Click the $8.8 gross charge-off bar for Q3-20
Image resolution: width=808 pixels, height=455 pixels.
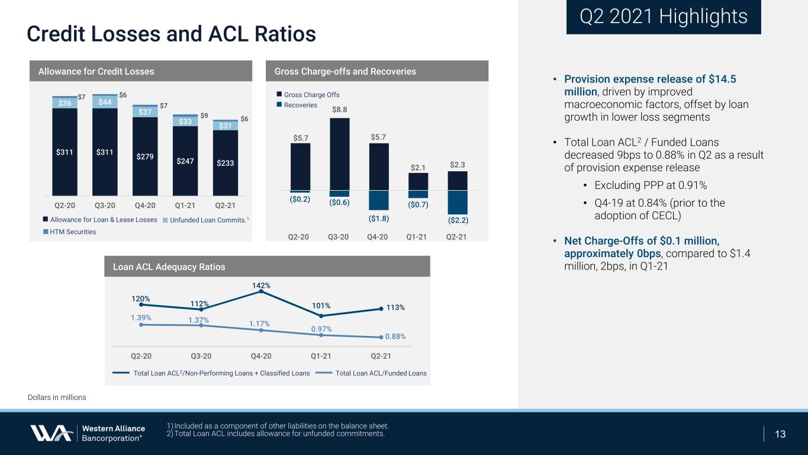[339, 154]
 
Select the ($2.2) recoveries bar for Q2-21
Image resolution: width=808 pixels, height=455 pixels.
[458, 203]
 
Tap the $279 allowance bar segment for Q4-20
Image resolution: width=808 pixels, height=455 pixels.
[145, 156]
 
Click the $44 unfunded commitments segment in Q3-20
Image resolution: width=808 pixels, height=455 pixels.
[105, 102]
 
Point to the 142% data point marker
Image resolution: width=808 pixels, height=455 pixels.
[261, 291]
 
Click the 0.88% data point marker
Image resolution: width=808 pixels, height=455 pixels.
[381, 337]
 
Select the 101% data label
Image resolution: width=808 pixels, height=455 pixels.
[321, 306]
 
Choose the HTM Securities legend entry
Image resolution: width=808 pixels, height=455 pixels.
[70, 232]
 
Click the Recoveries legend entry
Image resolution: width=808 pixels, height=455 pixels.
[297, 105]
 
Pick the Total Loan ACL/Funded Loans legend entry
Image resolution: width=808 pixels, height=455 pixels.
[371, 373]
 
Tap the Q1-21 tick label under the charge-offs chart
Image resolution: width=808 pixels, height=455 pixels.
[416, 237]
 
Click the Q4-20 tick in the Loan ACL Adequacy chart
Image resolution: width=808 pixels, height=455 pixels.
[261, 356]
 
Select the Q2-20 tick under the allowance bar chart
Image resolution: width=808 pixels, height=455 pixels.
[65, 206]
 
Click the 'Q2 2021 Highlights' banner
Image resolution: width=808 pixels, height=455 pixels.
[664, 17]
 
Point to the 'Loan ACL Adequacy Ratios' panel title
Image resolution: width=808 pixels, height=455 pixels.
[169, 267]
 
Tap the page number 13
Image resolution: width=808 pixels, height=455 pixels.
[780, 434]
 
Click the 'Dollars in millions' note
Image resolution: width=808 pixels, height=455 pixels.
[57, 397]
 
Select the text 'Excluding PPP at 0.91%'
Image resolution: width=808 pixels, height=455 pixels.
[651, 185]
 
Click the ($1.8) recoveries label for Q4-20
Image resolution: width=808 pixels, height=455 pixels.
[379, 219]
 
